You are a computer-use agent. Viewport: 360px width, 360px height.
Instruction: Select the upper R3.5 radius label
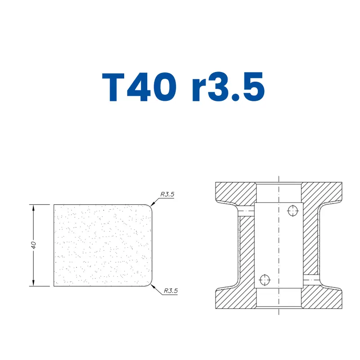coord(167,194)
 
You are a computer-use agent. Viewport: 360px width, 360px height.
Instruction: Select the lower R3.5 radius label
coord(171,291)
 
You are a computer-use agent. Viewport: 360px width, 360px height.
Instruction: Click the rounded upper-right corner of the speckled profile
coord(150,207)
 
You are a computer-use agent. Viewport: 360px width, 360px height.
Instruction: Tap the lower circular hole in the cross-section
coord(265,280)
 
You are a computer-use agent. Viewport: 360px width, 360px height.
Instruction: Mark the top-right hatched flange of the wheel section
coord(322,192)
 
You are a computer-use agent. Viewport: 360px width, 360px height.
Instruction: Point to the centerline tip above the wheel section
coord(279,177)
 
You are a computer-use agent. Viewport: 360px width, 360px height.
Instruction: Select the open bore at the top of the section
coord(279,192)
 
